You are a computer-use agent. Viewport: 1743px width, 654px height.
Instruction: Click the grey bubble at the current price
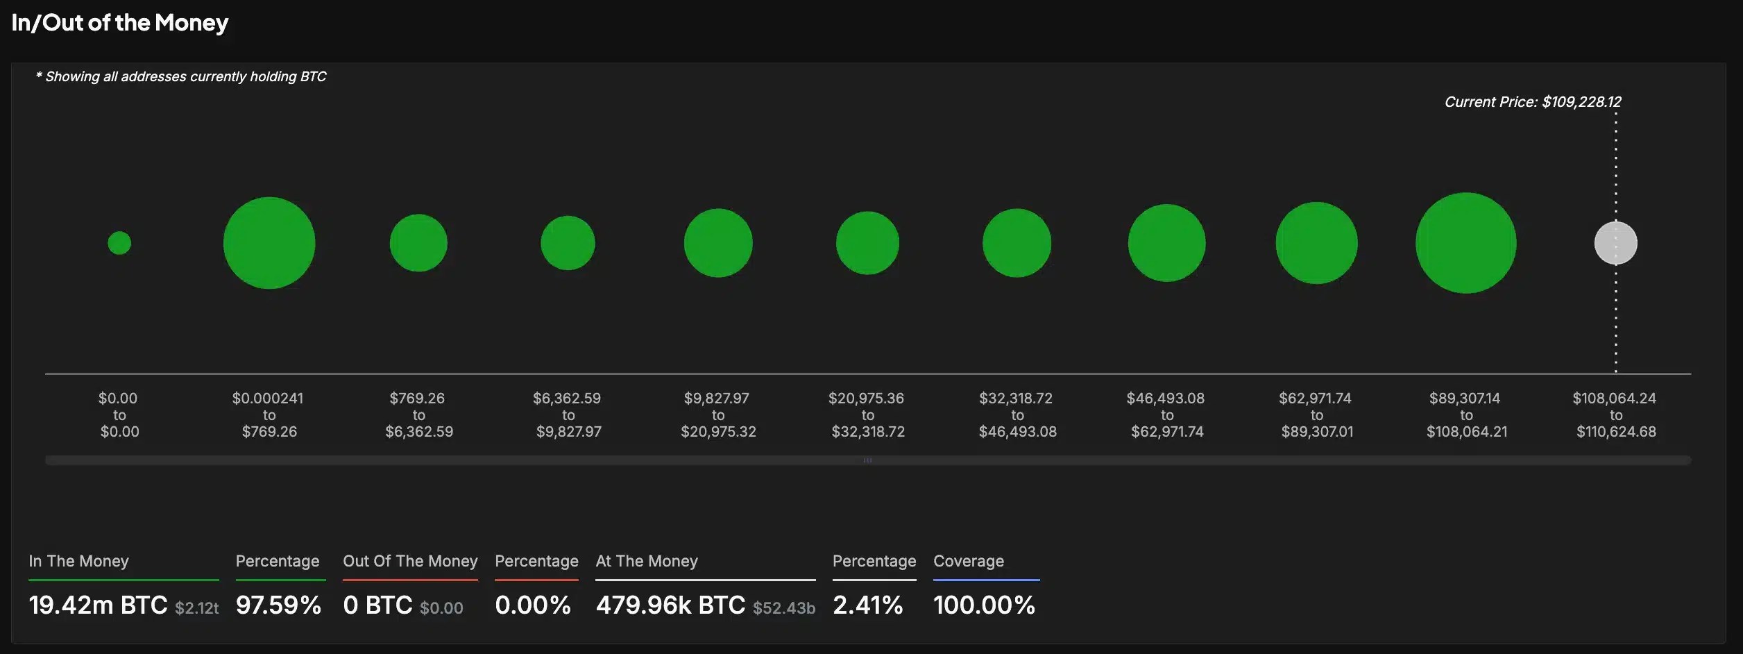[1615, 243]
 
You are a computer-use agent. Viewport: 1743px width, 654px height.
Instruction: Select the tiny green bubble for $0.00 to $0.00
[119, 243]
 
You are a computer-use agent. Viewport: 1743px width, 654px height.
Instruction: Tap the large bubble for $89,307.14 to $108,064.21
[1465, 243]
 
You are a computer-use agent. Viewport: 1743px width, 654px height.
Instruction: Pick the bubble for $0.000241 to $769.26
[269, 243]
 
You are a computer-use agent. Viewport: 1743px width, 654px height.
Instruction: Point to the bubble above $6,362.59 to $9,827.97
[568, 243]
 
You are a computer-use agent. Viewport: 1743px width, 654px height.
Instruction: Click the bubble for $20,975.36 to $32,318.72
[867, 243]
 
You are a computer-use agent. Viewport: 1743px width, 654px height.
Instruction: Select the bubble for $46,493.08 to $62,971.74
[1166, 243]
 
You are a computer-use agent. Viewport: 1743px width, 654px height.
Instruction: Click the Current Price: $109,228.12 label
[1532, 102]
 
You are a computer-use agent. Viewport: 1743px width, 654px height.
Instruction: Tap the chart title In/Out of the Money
[119, 23]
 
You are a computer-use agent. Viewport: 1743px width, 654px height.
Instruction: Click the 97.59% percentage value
[278, 605]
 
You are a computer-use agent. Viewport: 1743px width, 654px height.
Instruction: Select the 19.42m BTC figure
[98, 605]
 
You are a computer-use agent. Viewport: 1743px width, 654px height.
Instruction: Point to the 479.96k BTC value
[670, 605]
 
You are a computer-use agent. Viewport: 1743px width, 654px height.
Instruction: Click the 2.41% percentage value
[867, 605]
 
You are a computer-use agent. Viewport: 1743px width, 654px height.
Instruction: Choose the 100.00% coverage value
[984, 605]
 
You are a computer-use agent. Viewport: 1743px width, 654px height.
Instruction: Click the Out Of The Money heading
[410, 561]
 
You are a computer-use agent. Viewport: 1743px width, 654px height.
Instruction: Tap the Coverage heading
[968, 561]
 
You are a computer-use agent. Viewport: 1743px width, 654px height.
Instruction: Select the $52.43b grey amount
[783, 608]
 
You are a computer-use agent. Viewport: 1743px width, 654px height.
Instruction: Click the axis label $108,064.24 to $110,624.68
[1615, 415]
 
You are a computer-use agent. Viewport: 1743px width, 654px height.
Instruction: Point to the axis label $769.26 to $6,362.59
[418, 415]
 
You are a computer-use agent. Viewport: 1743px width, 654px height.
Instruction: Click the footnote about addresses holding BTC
[181, 77]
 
